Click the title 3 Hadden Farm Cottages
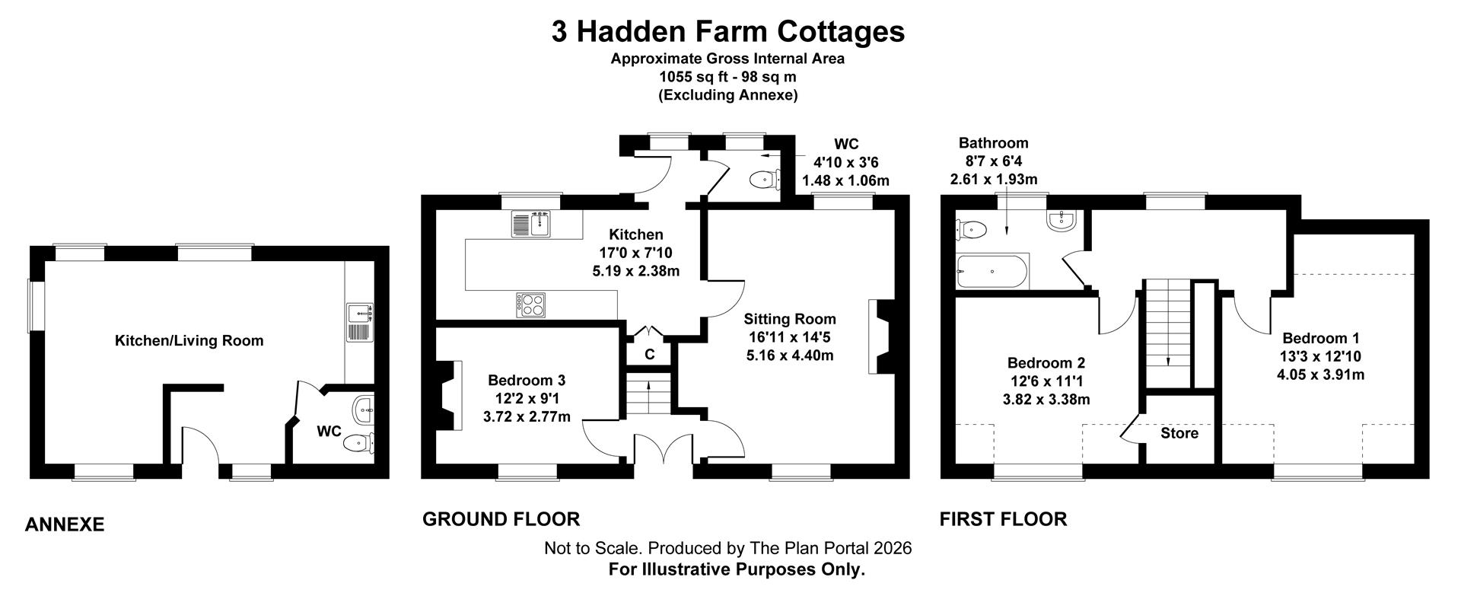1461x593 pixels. coord(728,32)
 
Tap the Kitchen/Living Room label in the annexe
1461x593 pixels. coord(189,341)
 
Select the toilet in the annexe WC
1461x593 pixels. coord(358,442)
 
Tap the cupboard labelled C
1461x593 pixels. coord(649,354)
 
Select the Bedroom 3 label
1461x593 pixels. coord(527,380)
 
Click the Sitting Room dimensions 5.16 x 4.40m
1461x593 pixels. coord(789,355)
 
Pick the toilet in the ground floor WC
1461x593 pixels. coord(762,180)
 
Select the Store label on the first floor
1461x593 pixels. coord(1179,433)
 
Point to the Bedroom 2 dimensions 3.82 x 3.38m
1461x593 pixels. coord(1046,400)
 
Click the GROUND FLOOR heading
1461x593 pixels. coord(501,519)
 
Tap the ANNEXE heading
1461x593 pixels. coord(65,524)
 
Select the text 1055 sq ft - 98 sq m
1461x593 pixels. coord(727,77)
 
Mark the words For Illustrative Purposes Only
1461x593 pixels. coord(737,569)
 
